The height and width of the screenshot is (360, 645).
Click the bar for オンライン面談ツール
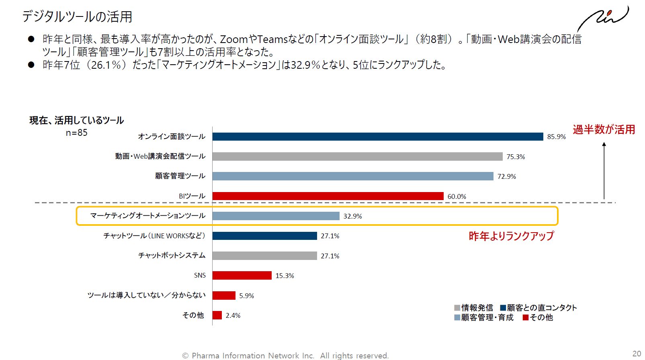pos(378,137)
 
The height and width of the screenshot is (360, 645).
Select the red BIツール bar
pos(328,196)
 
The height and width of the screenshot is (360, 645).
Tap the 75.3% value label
pos(516,157)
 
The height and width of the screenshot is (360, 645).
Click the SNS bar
pos(242,276)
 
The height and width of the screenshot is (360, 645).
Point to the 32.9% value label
pos(352,216)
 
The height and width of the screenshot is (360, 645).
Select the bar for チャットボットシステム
pos(264,256)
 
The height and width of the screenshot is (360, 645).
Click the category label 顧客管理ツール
pos(180,176)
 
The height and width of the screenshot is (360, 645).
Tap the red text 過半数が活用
pos(604,129)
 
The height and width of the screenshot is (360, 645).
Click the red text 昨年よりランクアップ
pos(511,236)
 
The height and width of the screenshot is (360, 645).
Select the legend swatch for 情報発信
pos(457,308)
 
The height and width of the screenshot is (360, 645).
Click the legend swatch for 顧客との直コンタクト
pos(503,308)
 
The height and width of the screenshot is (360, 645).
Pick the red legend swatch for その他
pos(525,317)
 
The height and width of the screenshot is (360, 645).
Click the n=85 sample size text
pos(76,133)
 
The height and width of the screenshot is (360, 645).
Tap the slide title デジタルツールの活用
pos(77,16)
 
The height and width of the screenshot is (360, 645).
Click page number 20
pos(637,354)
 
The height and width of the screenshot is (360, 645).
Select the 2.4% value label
pos(233,315)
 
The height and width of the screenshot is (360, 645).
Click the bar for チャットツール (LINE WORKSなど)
pos(264,236)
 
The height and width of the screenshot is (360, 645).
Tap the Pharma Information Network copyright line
pos(285,356)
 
